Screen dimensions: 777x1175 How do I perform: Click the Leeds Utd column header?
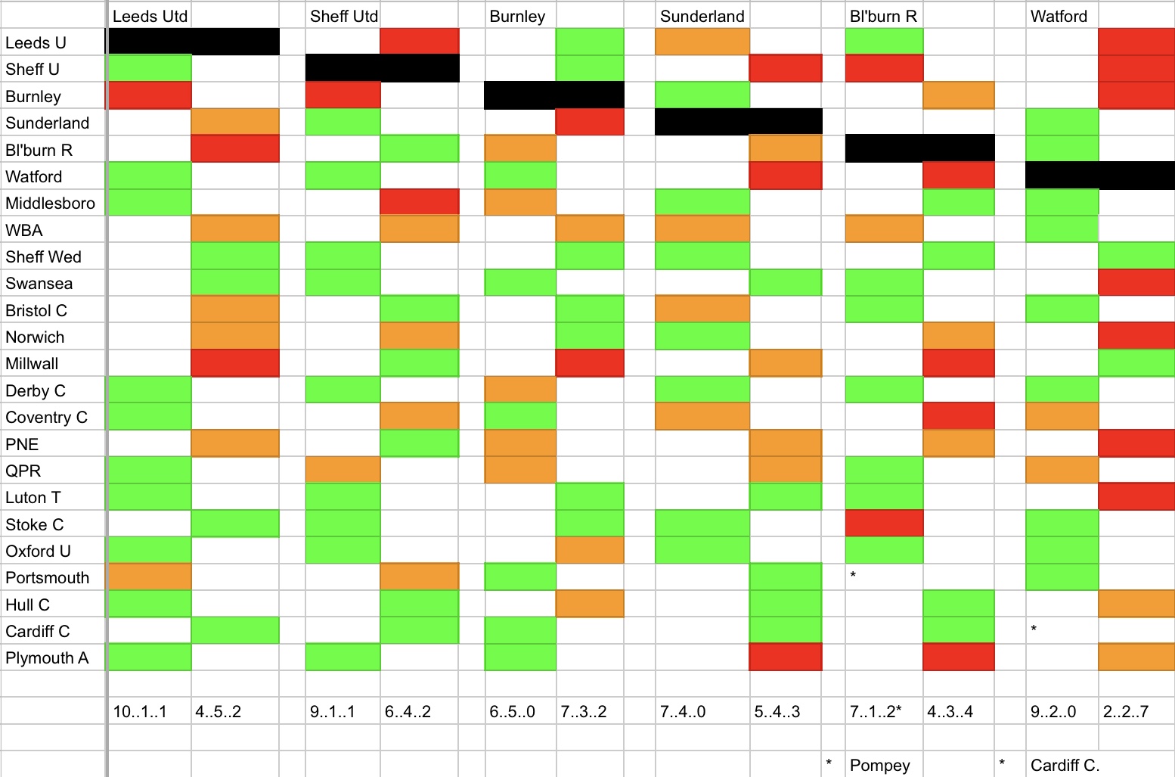(x=150, y=16)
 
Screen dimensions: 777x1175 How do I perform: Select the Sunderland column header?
(x=702, y=16)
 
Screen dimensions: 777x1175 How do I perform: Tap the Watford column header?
(x=1059, y=16)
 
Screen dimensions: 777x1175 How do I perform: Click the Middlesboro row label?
(x=50, y=203)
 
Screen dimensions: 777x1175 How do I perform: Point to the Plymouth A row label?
(x=47, y=657)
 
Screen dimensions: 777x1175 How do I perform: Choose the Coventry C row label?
(x=46, y=417)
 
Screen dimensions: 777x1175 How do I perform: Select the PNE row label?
(x=22, y=444)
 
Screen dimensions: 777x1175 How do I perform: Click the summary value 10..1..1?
(x=140, y=711)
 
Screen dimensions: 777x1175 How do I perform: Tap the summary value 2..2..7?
(x=1125, y=711)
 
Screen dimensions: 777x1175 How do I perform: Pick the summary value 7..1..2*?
(x=876, y=711)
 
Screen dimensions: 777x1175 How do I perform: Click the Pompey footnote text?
(x=879, y=765)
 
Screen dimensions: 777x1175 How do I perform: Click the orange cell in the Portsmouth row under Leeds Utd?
(x=150, y=577)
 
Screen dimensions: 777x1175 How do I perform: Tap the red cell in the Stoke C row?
(x=884, y=524)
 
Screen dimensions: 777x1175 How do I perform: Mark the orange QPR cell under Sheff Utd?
(x=343, y=470)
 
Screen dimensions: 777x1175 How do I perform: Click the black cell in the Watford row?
(x=1099, y=176)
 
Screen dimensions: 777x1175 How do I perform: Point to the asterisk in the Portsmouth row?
(x=853, y=576)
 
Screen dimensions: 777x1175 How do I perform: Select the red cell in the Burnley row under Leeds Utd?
(x=150, y=95)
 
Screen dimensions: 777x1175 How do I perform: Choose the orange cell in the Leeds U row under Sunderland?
(x=702, y=42)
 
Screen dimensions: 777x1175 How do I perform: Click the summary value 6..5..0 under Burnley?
(x=512, y=711)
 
